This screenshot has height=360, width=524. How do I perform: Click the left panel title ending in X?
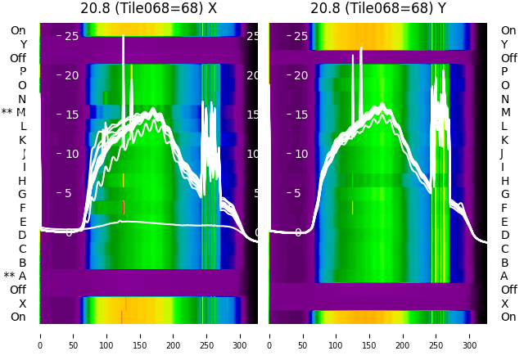(148, 8)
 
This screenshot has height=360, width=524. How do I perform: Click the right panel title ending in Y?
(378, 8)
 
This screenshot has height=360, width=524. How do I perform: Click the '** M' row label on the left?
(14, 112)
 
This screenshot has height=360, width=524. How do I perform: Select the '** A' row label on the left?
(15, 276)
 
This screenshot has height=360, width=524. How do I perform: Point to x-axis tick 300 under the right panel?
(470, 335)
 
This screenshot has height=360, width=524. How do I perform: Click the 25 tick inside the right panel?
(300, 36)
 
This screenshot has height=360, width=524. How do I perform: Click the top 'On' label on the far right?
(508, 30)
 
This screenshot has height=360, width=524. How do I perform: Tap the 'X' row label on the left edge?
(22, 304)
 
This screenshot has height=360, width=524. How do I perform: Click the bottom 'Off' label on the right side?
(508, 290)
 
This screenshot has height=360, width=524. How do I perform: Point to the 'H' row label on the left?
(22, 181)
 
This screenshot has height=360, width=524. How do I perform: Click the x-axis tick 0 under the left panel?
(40, 335)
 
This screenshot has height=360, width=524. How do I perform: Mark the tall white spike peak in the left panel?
(123, 36)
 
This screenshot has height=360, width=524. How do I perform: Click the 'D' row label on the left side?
(22, 235)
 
